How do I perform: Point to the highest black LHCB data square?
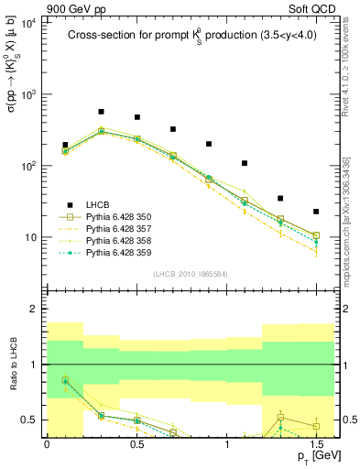101,112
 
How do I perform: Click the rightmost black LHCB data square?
316,212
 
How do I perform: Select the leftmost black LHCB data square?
65,145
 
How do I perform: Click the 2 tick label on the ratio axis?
33,309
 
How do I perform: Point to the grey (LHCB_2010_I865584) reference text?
191,274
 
